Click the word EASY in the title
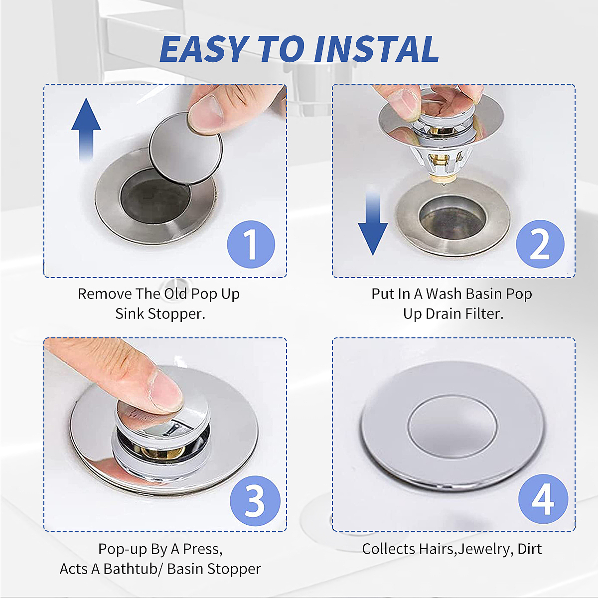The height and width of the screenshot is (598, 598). [x=204, y=49]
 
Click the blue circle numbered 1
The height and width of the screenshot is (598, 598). [x=251, y=244]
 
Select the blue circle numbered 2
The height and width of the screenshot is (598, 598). [x=540, y=244]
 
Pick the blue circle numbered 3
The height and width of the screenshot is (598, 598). [x=255, y=501]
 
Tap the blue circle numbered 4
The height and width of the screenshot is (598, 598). [x=543, y=499]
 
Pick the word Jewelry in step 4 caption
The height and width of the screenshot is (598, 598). [x=484, y=549]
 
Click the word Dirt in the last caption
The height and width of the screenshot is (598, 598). [x=529, y=549]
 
